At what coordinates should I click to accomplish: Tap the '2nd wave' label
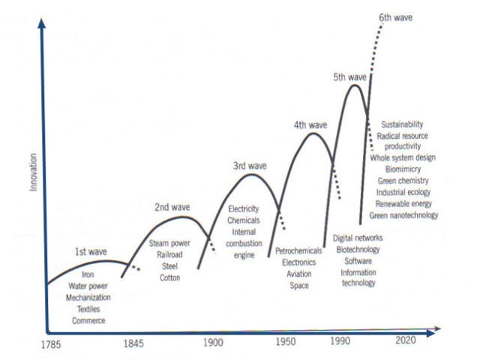[172, 206]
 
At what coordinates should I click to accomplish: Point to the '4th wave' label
[310, 125]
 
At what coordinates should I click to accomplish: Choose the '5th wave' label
[349, 77]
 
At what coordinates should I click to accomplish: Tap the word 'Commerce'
[88, 320]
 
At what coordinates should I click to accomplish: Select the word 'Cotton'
[169, 277]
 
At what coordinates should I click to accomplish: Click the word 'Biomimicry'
[403, 169]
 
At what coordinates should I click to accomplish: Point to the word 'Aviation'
[299, 274]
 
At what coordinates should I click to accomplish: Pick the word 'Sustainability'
[403, 124]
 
